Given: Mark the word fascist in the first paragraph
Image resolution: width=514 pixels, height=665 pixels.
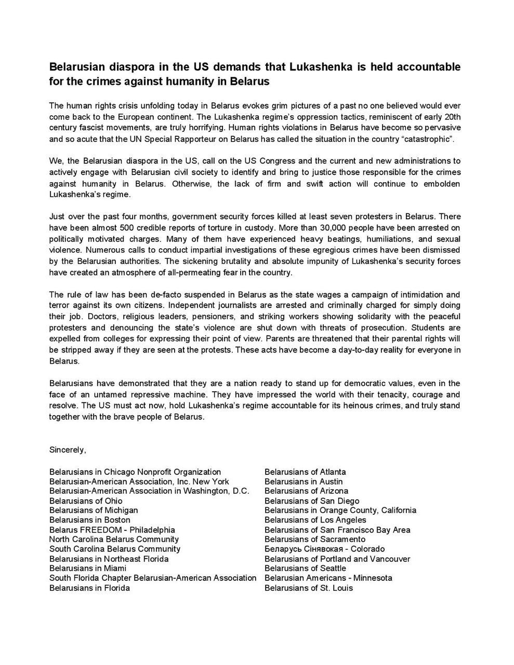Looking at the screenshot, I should (x=94, y=127).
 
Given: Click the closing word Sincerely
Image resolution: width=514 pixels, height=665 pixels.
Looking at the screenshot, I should (x=68, y=449).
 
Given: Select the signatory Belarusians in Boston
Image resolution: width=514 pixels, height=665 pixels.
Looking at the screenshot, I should (x=90, y=520).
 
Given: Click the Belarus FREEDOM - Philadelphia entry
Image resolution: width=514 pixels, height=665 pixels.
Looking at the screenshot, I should (x=112, y=530).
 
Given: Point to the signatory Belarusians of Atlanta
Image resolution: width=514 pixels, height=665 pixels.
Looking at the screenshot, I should (x=305, y=472).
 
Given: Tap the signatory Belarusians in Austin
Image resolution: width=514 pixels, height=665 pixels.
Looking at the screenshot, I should (x=303, y=482).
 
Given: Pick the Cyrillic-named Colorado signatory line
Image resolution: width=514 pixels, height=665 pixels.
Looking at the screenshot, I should (x=324, y=549).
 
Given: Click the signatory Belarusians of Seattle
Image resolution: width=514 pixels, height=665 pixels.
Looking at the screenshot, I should (x=305, y=568).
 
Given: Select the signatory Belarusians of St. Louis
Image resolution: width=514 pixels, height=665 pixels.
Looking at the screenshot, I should (x=308, y=587).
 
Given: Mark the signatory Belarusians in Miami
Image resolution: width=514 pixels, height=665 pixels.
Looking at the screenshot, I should (x=88, y=568).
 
